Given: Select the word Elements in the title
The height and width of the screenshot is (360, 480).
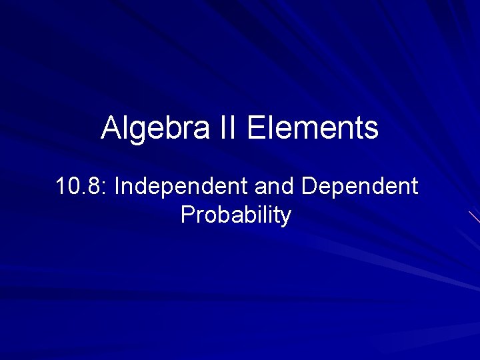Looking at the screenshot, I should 313,128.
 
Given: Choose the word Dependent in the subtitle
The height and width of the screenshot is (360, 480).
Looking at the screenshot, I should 360,187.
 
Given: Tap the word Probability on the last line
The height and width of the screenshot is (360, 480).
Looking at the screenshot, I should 236,215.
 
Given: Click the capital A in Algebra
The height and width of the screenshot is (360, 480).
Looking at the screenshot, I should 111,128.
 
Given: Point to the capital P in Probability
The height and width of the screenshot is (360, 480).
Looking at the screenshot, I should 187,215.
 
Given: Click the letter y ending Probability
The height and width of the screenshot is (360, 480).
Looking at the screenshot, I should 286,218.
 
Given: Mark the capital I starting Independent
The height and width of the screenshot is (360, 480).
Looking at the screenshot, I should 117,187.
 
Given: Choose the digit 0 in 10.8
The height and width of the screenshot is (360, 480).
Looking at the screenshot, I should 73,187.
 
